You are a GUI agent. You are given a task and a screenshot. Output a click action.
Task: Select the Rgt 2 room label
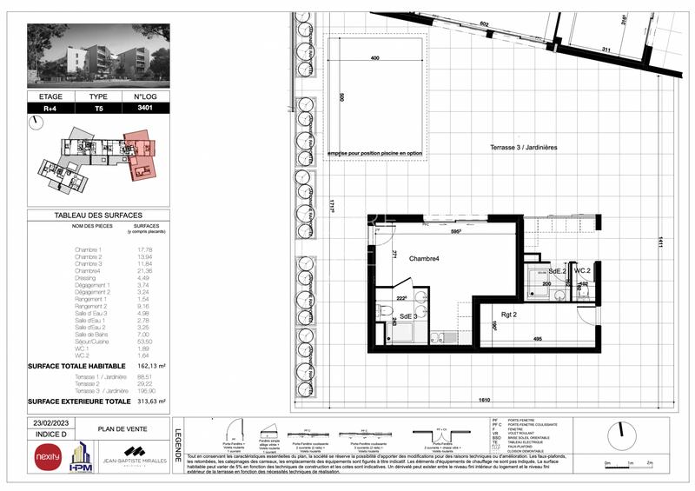(x=486, y=315)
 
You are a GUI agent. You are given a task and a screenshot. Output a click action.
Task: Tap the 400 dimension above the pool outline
(x=374, y=58)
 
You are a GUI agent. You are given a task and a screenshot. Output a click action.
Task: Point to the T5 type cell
(x=98, y=108)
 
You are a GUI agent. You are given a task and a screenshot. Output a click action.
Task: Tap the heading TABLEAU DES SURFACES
(x=97, y=215)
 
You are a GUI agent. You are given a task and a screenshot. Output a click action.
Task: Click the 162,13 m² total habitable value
(x=156, y=366)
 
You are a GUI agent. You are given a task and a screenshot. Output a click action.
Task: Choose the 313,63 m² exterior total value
(x=156, y=401)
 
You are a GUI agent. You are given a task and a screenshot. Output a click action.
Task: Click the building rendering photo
(x=97, y=55)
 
